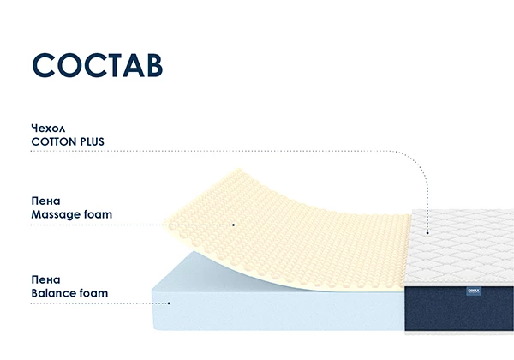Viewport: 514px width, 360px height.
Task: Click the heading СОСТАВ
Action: (98, 65)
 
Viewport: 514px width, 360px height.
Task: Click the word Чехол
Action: (48, 128)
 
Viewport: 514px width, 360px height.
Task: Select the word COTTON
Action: (54, 141)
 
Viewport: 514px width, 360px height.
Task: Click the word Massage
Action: (56, 215)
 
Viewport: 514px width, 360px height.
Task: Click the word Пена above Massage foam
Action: (45, 201)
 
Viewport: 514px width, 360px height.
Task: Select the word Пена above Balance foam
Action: (45, 279)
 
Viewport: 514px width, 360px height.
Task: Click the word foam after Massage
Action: (98, 214)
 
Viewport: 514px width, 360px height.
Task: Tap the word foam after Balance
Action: (94, 293)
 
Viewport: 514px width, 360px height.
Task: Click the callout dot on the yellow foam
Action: (234, 225)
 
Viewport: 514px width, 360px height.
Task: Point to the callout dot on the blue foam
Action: (169, 303)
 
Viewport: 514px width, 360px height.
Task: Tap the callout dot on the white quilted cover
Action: (427, 233)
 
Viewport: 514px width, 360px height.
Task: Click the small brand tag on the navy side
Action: (474, 291)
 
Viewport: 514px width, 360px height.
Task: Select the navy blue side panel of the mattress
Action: (459, 309)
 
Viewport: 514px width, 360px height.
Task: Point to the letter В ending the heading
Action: (153, 65)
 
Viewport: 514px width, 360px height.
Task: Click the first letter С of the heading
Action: (44, 65)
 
